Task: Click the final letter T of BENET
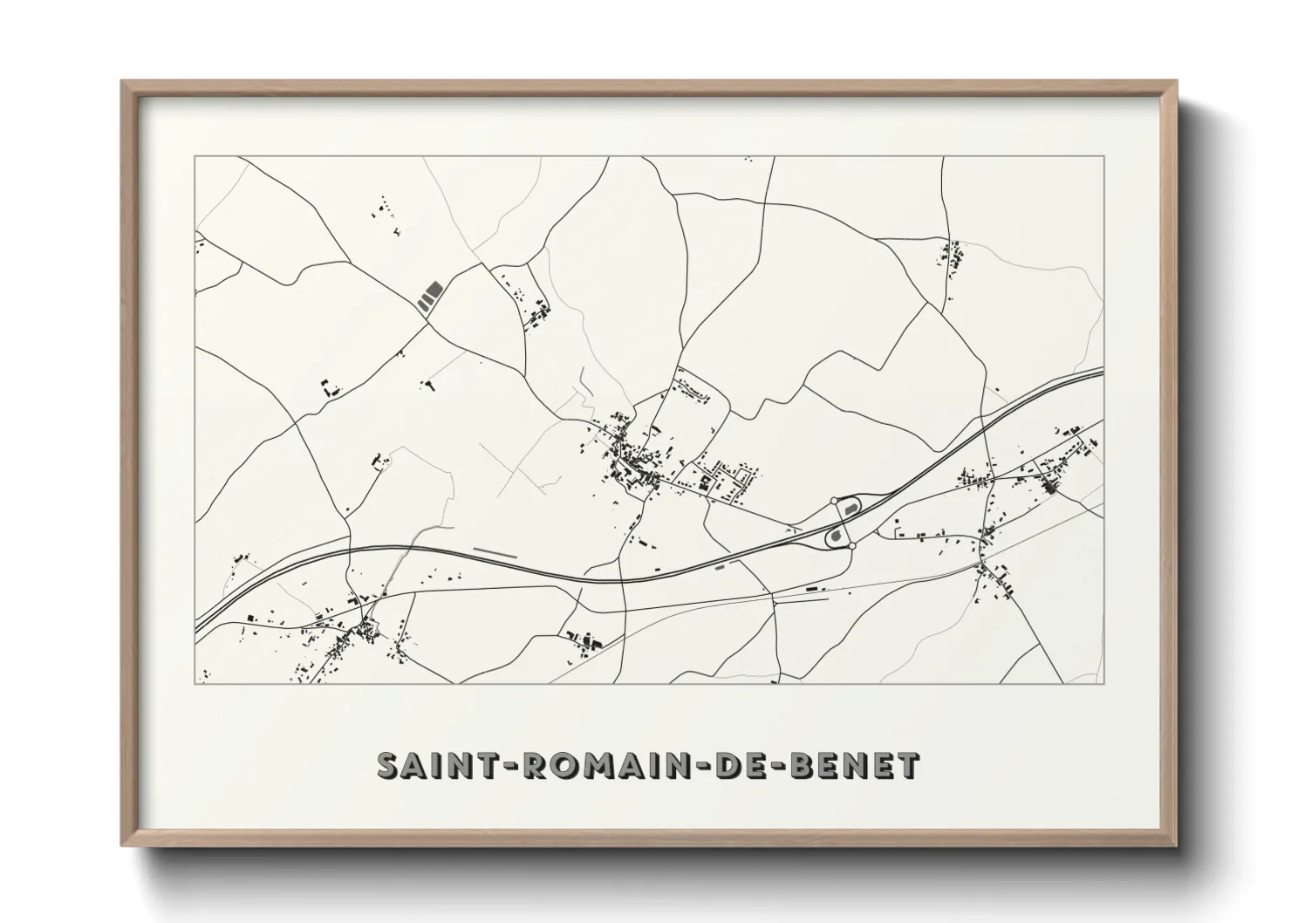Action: [908, 765]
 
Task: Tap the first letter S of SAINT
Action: [388, 765]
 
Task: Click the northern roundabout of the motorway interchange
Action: [833, 501]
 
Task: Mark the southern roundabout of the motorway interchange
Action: [851, 545]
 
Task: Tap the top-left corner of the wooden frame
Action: [122, 82]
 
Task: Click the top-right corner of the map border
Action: [1103, 157]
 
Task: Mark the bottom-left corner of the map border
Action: [195, 683]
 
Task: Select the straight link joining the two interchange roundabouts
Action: [842, 523]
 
